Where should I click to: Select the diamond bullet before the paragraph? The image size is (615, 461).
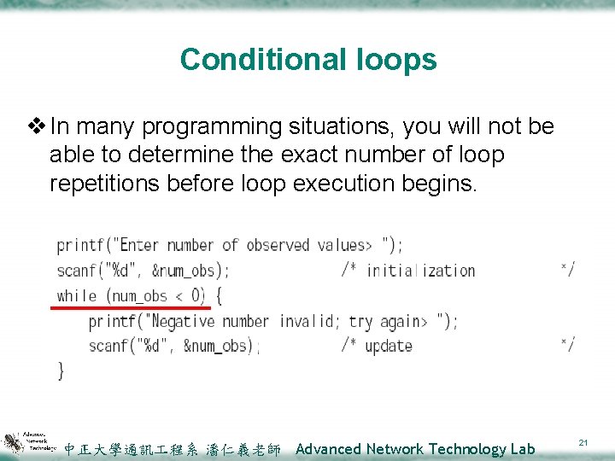[x=38, y=127]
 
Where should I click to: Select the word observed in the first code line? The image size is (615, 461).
[x=278, y=245]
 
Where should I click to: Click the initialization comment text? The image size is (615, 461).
[x=419, y=271]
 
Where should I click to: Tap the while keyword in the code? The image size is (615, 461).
[x=77, y=296]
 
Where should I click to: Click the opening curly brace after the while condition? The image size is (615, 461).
[x=219, y=296]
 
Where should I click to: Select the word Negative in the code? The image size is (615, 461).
[x=181, y=321]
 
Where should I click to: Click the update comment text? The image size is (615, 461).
[x=389, y=346]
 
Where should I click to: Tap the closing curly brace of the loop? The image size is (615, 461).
[x=61, y=371]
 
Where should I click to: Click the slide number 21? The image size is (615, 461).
[x=583, y=441]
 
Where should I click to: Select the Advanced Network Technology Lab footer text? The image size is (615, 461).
[x=414, y=449]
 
